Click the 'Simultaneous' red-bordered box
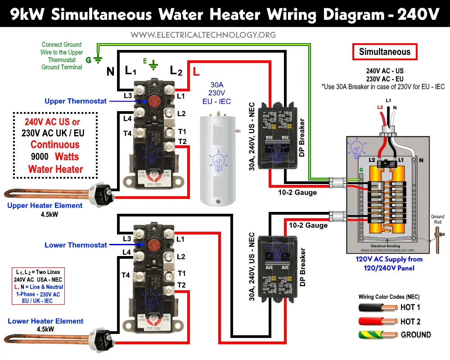[x=385, y=52]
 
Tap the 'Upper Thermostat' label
[x=76, y=101]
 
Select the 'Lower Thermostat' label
[x=76, y=245]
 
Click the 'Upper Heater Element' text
[x=45, y=206]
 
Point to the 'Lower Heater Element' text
[x=45, y=321]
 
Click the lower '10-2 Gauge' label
[x=308, y=225]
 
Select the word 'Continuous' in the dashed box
[x=55, y=145]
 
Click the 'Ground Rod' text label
[x=437, y=219]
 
